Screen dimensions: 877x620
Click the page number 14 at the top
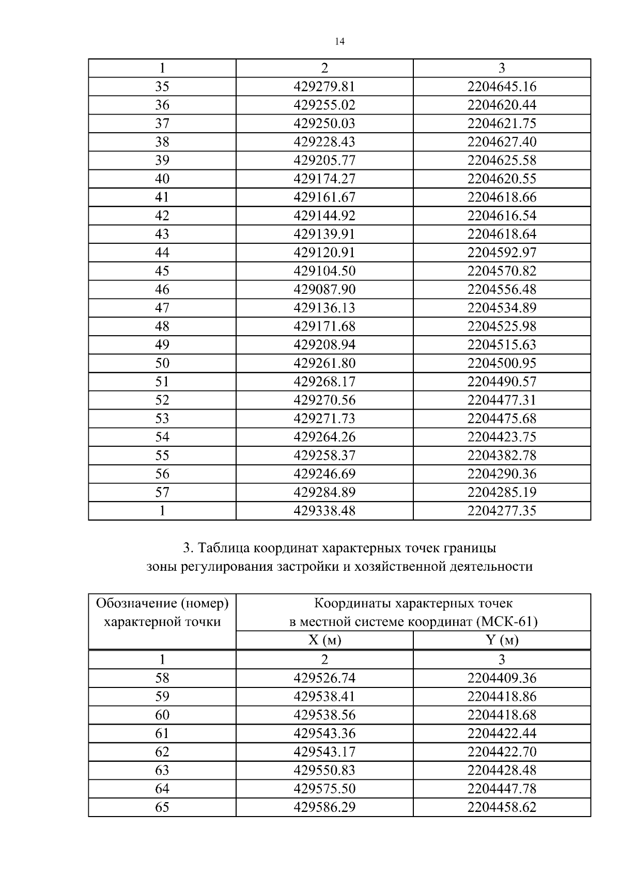pyautogui.click(x=339, y=42)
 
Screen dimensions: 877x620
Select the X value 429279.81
pyautogui.click(x=324, y=86)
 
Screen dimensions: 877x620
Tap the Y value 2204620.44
pyautogui.click(x=502, y=105)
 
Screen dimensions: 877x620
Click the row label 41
pyautogui.click(x=162, y=197)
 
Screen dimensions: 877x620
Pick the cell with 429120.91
pyautogui.click(x=324, y=253)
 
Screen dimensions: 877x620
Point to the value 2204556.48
pyautogui.click(x=502, y=289)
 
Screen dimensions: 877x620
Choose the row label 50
pyautogui.click(x=162, y=363)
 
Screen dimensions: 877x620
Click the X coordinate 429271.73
pyautogui.click(x=324, y=418)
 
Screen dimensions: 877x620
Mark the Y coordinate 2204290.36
pyautogui.click(x=502, y=474)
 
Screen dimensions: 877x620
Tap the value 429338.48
pyautogui.click(x=324, y=511)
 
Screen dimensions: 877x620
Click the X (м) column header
pyautogui.click(x=324, y=640)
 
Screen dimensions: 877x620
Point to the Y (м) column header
pyautogui.click(x=502, y=640)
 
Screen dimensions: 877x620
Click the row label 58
pyautogui.click(x=162, y=678)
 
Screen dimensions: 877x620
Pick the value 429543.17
pyautogui.click(x=324, y=752)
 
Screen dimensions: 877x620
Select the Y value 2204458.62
pyautogui.click(x=502, y=807)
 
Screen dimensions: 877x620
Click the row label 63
pyautogui.click(x=162, y=771)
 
